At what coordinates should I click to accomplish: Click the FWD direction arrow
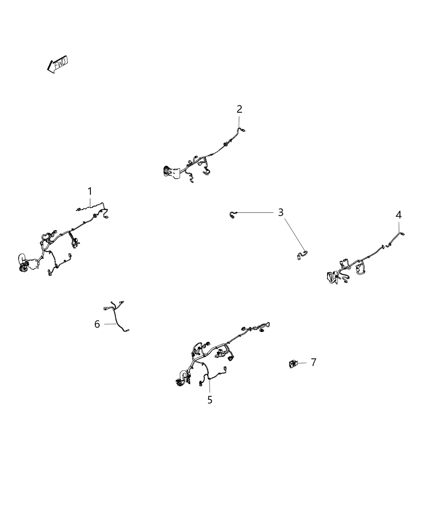click(x=57, y=64)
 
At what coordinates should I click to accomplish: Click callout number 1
click(x=90, y=191)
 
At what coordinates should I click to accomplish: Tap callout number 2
click(x=239, y=109)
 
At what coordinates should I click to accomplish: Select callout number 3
click(x=281, y=212)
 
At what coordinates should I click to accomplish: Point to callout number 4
click(x=399, y=215)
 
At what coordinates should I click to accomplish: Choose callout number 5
click(x=210, y=400)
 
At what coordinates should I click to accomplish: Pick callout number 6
click(x=97, y=324)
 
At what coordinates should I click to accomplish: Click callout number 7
click(x=313, y=362)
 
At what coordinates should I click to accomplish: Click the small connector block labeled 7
click(x=293, y=364)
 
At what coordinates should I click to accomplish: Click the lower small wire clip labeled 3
click(x=302, y=255)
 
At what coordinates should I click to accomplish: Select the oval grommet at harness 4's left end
click(x=330, y=277)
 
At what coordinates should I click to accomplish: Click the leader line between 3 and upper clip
click(x=255, y=212)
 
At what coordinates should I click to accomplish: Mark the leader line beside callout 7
click(x=302, y=363)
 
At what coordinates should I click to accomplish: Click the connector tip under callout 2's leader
click(x=243, y=130)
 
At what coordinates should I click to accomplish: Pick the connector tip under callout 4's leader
click(x=402, y=233)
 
